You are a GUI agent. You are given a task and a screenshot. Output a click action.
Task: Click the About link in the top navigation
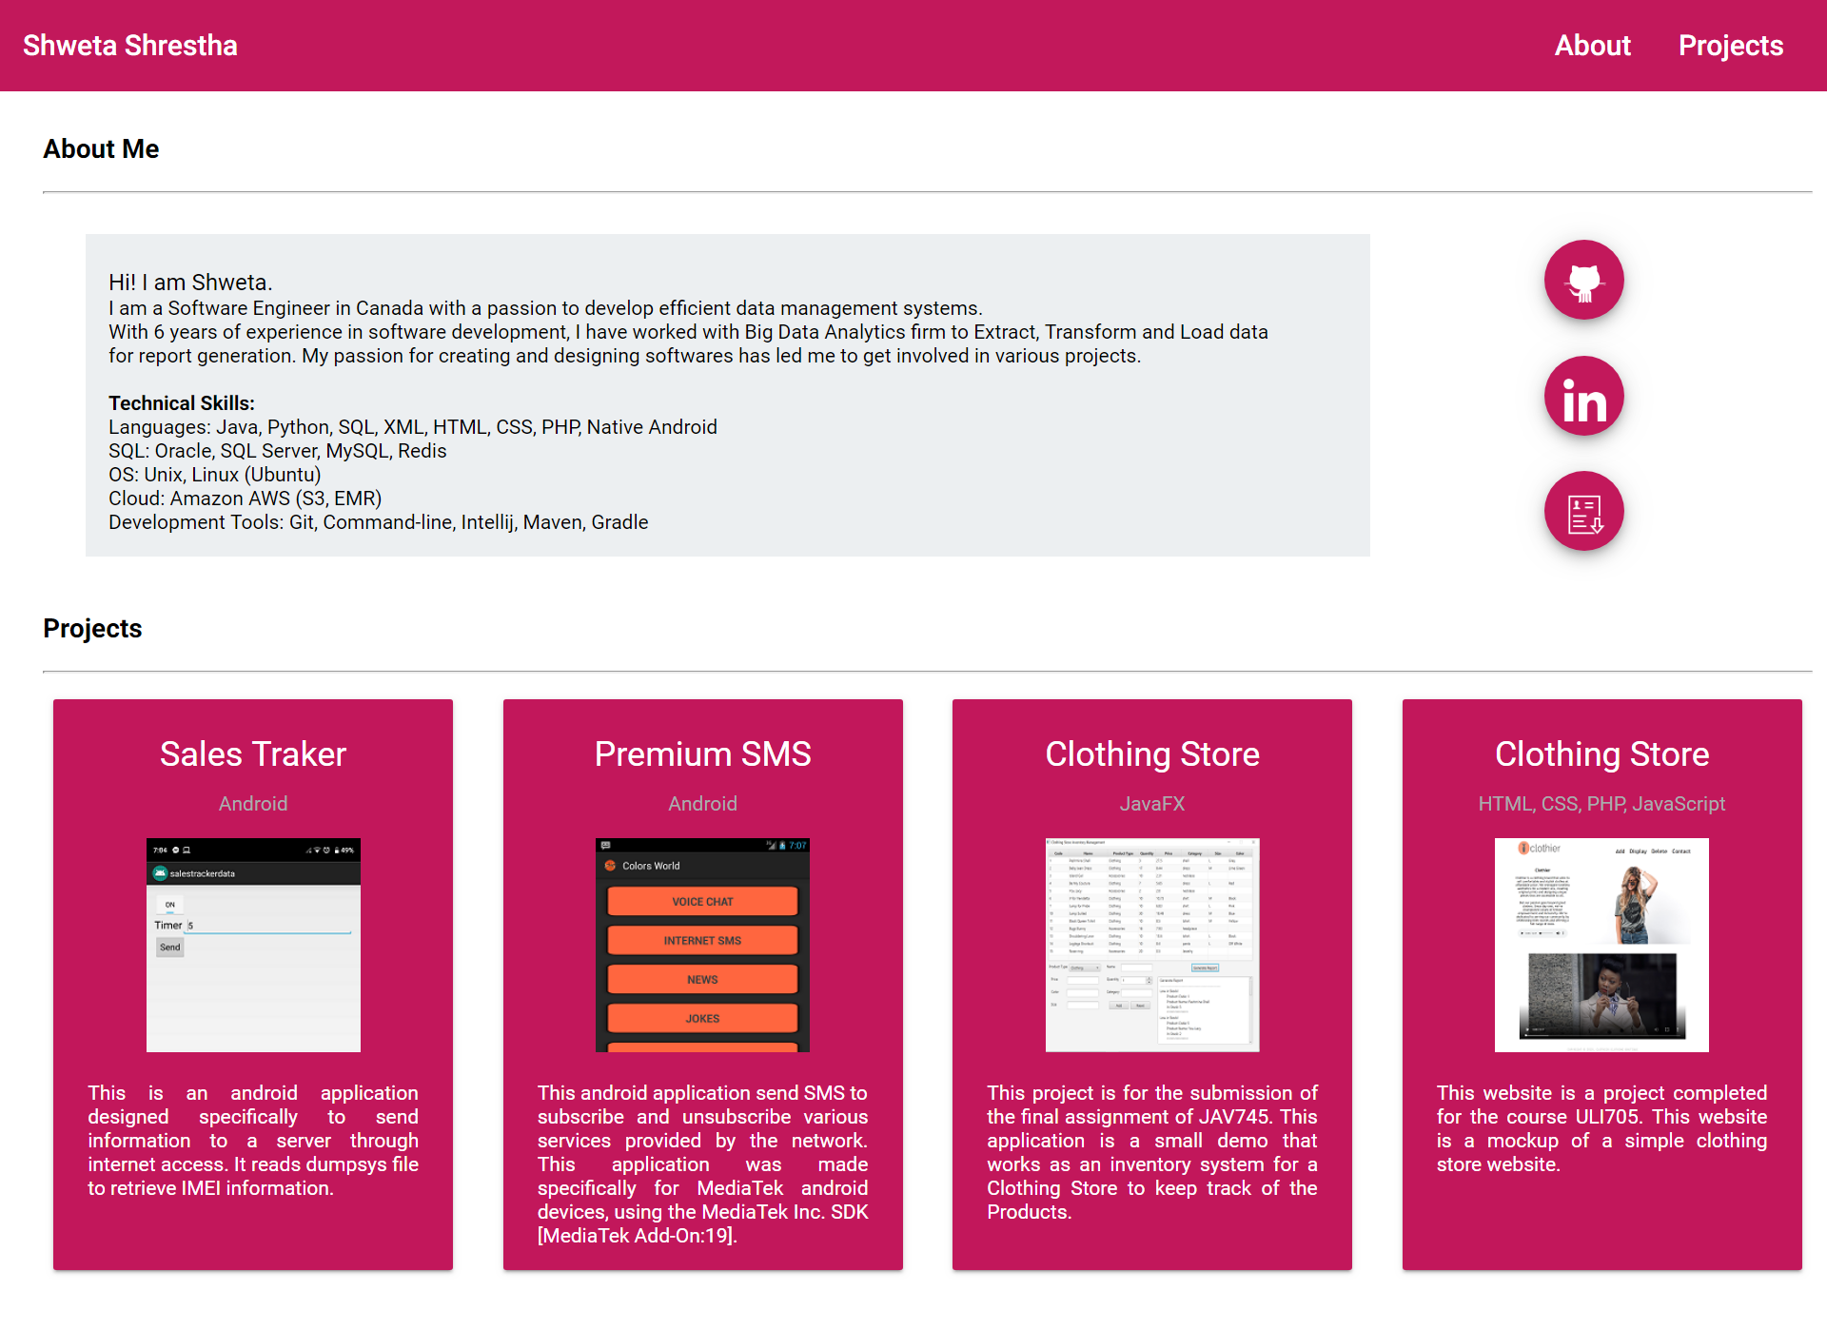tap(1592, 46)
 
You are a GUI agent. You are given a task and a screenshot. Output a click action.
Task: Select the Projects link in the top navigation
tap(1730, 46)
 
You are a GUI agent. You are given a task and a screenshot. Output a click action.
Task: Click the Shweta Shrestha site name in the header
tap(130, 46)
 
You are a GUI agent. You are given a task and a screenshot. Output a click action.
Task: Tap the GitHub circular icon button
tap(1583, 280)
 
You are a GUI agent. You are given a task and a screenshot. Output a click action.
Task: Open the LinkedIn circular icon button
tap(1583, 396)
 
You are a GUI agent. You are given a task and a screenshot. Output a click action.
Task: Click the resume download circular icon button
tap(1583, 512)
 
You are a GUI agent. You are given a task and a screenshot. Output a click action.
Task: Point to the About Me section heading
tap(101, 149)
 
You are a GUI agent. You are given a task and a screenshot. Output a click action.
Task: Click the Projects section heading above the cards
tap(92, 629)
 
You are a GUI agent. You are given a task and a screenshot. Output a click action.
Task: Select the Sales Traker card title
tap(253, 754)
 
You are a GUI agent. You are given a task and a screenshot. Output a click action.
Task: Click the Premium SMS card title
tap(702, 754)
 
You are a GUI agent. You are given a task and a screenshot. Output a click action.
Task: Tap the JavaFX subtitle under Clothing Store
tap(1151, 804)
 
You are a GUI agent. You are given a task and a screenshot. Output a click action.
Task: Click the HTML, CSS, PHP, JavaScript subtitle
tap(1601, 804)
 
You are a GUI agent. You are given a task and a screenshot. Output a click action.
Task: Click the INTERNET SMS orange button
tap(702, 941)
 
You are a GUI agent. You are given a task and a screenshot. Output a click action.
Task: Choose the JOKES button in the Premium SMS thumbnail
tap(702, 1019)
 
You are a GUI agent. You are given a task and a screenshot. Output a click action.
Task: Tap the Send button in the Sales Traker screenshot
tap(170, 948)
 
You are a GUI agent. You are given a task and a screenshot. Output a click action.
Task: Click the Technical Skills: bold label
tap(182, 403)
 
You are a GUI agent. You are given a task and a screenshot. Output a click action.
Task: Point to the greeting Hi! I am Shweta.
tap(190, 283)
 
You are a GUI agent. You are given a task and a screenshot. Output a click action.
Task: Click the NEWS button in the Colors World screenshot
tap(702, 980)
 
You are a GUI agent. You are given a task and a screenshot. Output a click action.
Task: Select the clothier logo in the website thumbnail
tap(1540, 849)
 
